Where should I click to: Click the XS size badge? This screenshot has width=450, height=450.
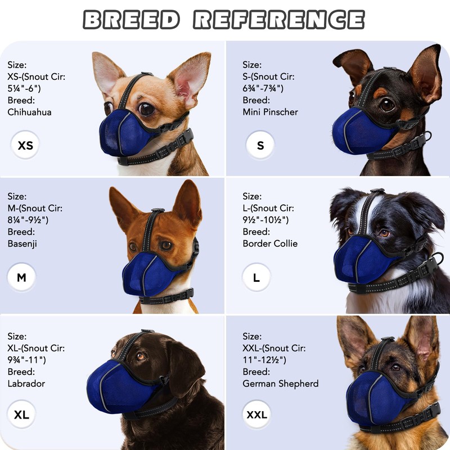coord(25,146)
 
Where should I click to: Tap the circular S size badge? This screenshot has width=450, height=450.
coord(260,145)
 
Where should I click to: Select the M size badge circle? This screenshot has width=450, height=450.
coord(22,277)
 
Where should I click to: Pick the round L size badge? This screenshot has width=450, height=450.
coord(256,277)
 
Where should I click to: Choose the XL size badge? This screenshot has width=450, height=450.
coord(22,415)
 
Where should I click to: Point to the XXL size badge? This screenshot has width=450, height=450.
coord(256,415)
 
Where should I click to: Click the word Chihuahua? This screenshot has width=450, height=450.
coord(29,112)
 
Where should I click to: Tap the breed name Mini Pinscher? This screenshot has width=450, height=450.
coord(270,112)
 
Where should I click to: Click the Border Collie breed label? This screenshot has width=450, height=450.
coord(270,244)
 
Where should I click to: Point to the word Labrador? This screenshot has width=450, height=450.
coord(26,384)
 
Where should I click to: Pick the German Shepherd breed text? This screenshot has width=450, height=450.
coord(280,384)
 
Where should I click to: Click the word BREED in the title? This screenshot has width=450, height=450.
coord(132,20)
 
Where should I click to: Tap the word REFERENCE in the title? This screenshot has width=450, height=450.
coord(279,20)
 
